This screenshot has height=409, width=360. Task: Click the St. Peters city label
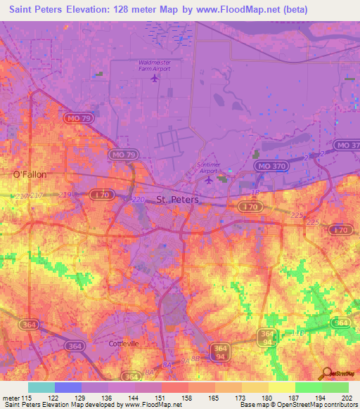(x=177, y=200)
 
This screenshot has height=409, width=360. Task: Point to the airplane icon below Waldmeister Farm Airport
(x=155, y=77)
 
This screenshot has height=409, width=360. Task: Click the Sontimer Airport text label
(x=209, y=166)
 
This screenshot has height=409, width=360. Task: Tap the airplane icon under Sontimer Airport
(x=209, y=180)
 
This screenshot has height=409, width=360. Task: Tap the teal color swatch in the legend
(x=41, y=387)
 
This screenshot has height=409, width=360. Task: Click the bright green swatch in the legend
(x=308, y=387)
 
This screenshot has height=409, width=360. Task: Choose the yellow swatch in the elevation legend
(x=281, y=387)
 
